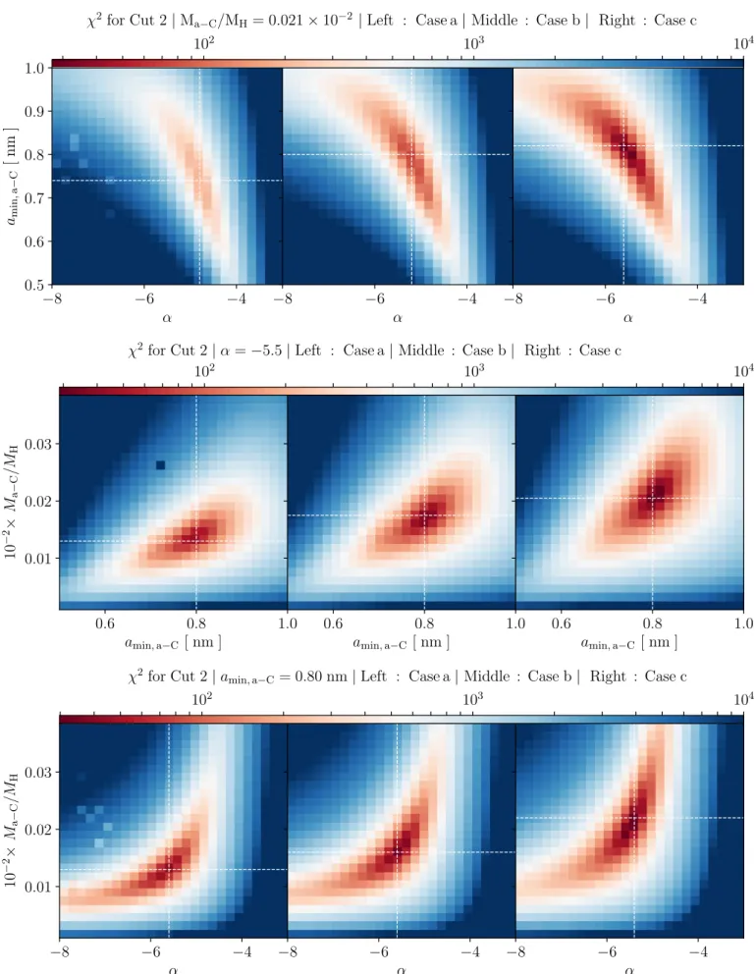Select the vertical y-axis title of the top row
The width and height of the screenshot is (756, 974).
tap(11, 177)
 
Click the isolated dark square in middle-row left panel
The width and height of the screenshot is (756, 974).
tap(160, 465)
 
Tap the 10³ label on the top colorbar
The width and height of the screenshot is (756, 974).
tap(473, 43)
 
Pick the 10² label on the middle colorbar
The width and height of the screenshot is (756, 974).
tap(204, 371)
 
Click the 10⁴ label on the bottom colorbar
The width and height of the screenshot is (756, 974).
tap(743, 699)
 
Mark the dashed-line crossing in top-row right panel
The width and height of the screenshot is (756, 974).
tap(623, 146)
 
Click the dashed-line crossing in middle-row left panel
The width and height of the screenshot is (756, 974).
tap(196, 541)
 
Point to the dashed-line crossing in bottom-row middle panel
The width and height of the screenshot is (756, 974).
tap(397, 852)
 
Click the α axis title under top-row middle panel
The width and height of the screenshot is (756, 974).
tap(398, 318)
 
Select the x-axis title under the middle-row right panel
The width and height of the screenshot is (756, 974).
tap(628, 642)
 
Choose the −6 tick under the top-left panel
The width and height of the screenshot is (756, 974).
tap(144, 299)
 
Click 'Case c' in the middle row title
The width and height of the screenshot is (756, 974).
tap(600, 351)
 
